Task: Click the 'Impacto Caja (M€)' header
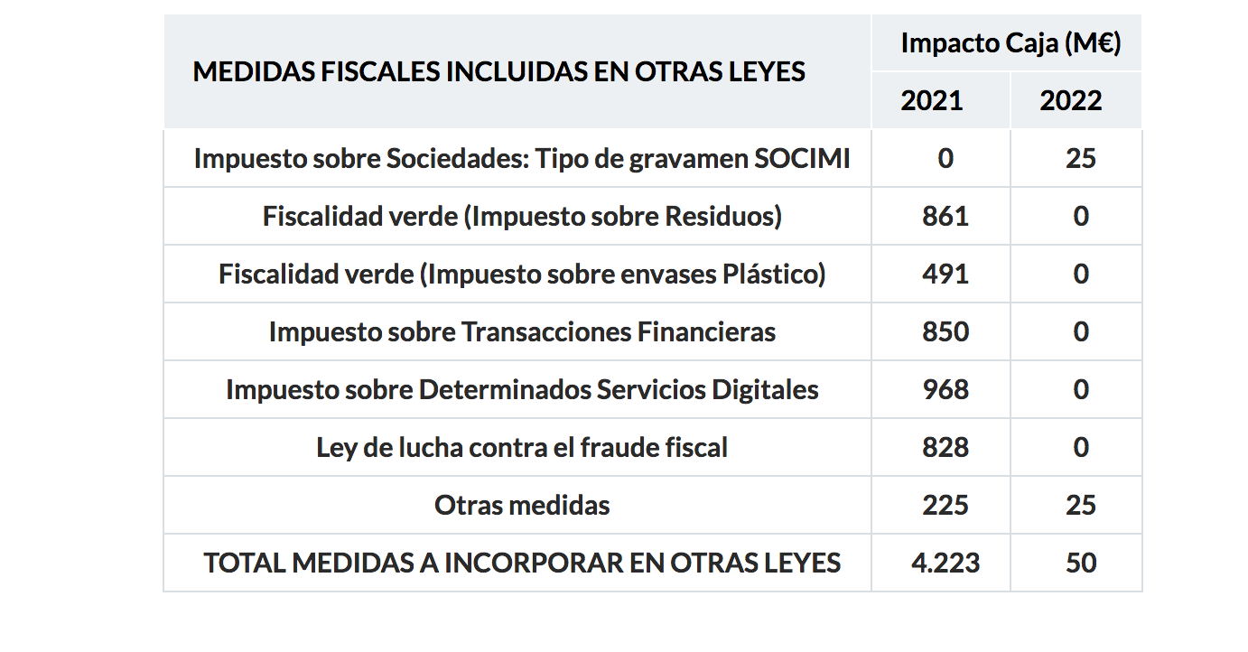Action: pyautogui.click(x=1011, y=43)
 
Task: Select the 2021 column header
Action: pyautogui.click(x=932, y=100)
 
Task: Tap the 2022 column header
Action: pyautogui.click(x=1071, y=100)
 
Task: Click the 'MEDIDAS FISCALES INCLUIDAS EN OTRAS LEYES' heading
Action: pyautogui.click(x=499, y=72)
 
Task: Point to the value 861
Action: pyautogui.click(x=945, y=217)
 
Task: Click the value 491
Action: pyautogui.click(x=945, y=275)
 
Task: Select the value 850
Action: pyautogui.click(x=945, y=332)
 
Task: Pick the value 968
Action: pyautogui.click(x=945, y=390)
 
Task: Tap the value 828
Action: pyautogui.click(x=945, y=448)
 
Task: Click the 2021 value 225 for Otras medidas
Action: pyautogui.click(x=945, y=506)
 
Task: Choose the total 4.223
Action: pyautogui.click(x=945, y=564)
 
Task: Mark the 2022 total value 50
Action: pyautogui.click(x=1081, y=564)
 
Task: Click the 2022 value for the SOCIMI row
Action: pyautogui.click(x=1081, y=159)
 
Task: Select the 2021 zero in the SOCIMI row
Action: pyautogui.click(x=945, y=159)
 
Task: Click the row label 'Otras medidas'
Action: pyautogui.click(x=522, y=506)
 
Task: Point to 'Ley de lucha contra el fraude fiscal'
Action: pyautogui.click(x=522, y=448)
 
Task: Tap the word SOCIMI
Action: pyautogui.click(x=802, y=159)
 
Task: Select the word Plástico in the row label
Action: pyautogui.click(x=775, y=275)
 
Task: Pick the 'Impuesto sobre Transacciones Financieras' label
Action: pyautogui.click(x=522, y=332)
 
